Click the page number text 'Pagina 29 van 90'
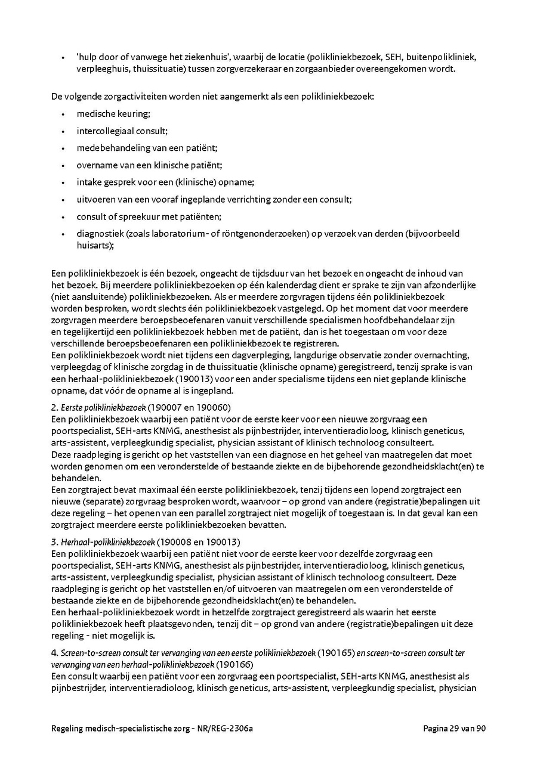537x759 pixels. [454, 728]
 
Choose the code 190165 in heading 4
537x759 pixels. [335, 653]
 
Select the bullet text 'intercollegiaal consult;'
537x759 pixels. [113, 131]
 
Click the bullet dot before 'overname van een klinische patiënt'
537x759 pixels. [63, 165]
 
